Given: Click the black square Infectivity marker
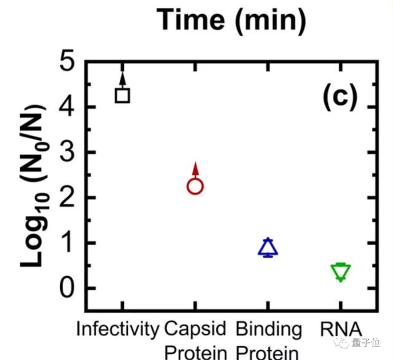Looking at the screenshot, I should coord(123,95).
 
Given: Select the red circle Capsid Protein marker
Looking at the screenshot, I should coord(195,186).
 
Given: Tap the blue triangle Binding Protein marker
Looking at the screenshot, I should coord(268,247).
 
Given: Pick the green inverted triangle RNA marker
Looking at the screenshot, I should coord(341,271).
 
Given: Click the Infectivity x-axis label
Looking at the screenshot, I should coord(117,329).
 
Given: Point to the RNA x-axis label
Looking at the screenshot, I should coord(341,329).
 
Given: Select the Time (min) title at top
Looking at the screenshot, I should coord(232,20).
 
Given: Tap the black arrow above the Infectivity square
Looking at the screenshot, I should coord(123,78).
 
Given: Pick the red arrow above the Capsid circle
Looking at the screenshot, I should coord(195,169).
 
